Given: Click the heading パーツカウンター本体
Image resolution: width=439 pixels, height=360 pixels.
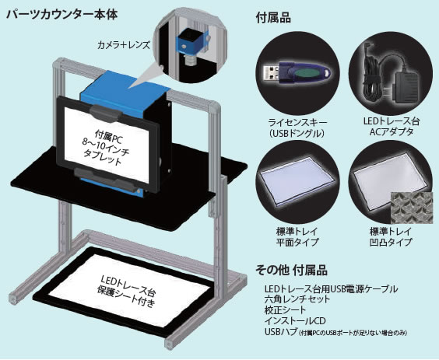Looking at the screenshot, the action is (x=61, y=15).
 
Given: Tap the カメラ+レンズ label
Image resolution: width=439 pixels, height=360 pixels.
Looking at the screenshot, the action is (x=124, y=45).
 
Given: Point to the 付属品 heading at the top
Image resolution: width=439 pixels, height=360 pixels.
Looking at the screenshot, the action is (x=273, y=18).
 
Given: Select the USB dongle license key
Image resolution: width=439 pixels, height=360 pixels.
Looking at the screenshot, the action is (x=297, y=73).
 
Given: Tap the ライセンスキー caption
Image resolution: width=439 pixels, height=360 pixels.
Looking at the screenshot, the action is (x=297, y=123).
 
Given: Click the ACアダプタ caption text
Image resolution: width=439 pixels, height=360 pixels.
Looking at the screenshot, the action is (x=391, y=131).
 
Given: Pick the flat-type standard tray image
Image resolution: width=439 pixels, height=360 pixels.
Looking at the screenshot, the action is (x=297, y=181).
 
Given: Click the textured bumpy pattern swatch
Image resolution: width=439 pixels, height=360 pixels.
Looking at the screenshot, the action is (x=412, y=208).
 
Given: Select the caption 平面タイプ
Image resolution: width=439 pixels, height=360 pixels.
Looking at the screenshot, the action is (x=297, y=242).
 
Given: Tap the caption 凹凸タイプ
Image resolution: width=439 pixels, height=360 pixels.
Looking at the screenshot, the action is (x=391, y=242).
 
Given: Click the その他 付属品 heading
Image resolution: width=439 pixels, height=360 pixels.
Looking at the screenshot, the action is (x=291, y=271).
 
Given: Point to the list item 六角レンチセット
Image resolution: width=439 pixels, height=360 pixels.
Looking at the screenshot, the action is (x=297, y=299).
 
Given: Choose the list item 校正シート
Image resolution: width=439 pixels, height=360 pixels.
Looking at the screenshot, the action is (x=286, y=310).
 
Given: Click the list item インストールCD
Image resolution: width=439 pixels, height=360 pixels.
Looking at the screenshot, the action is (x=295, y=321).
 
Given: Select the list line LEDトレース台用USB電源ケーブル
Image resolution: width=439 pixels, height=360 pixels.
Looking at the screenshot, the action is (x=331, y=288).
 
